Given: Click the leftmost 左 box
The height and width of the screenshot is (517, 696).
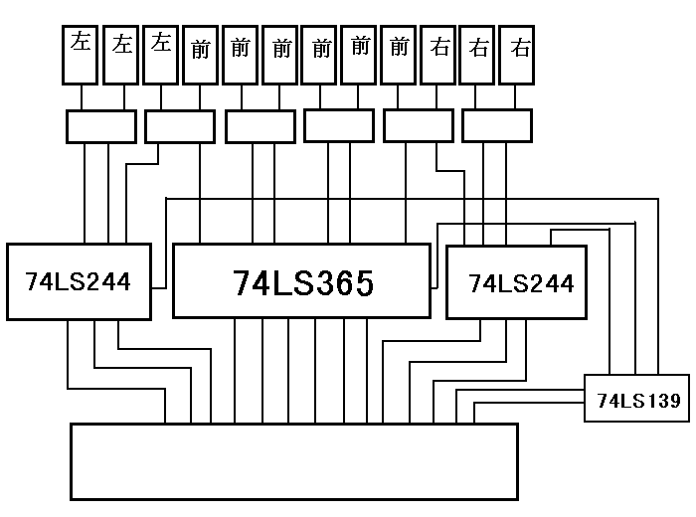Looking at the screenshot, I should coord(80,55).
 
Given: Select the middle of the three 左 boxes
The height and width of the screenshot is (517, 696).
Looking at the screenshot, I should coord(121,55).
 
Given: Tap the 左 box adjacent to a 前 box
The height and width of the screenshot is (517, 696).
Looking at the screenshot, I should coord(160,55).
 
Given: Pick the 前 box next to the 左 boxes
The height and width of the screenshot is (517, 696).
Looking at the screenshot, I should coord(200,55).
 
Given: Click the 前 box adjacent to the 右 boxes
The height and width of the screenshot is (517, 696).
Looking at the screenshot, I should coord(399,55).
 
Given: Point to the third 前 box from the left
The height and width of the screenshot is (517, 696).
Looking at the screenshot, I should coord(279,55).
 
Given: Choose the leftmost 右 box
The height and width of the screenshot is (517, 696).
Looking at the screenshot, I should coord(438,55).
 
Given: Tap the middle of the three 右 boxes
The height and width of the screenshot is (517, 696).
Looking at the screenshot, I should coord(478,55).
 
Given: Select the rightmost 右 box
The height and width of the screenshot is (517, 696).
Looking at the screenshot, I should coord(517,55).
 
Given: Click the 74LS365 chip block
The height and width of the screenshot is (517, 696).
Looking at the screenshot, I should coord(302,280).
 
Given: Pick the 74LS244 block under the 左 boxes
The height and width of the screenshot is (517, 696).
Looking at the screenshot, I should coord(80,281).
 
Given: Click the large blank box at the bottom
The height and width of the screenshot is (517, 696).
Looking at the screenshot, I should coord(293,461).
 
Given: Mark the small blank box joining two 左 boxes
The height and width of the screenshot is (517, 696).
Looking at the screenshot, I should coord(100,126).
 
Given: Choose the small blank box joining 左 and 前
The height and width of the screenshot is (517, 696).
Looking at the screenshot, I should coord(180,126).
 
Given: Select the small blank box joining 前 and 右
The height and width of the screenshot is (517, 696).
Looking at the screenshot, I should coord(418,126).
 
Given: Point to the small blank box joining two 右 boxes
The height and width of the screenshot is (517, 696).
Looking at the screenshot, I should coord(497,126).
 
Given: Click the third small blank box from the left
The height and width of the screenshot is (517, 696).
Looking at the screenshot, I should coord(261,126).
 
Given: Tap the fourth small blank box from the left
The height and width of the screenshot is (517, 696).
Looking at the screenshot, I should coord(338,126).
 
